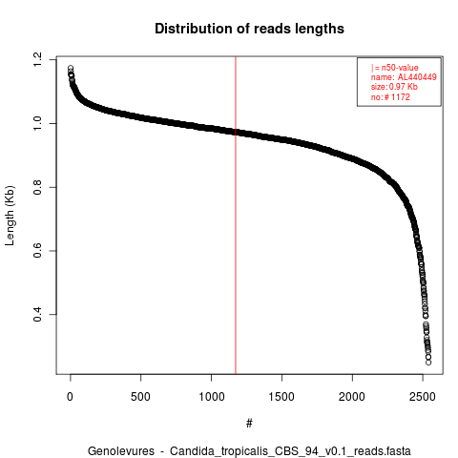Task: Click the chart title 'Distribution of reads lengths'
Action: tap(249, 29)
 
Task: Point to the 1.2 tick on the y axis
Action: tap(37, 60)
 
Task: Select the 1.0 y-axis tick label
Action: tap(37, 123)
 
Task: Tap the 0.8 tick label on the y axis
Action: tap(37, 187)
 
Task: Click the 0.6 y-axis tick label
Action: tap(37, 251)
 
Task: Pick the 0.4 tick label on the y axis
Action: tap(37, 314)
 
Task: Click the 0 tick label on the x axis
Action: tap(70, 397)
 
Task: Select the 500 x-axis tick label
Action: tap(140, 397)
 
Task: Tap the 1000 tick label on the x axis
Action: tap(212, 397)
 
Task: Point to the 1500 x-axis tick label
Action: tap(281, 397)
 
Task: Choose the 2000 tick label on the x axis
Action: tap(352, 397)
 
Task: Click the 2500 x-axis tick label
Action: tap(423, 397)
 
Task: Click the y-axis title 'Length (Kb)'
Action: tap(10, 216)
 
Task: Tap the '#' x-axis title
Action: tap(249, 424)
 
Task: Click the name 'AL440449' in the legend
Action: tap(417, 77)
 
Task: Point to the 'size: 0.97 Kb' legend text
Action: tap(394, 87)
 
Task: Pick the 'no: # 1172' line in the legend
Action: tap(390, 97)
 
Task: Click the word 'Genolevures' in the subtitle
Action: tap(121, 451)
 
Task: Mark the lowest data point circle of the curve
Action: tap(428, 363)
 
